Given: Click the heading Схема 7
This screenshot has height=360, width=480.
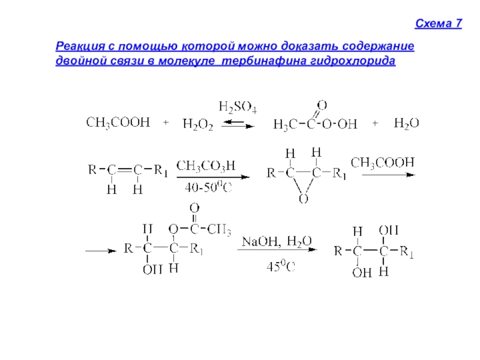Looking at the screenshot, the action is pos(439,24).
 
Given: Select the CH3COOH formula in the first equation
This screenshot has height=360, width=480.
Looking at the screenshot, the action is pos(118,122).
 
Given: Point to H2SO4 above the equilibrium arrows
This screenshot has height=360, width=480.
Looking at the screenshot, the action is pos(238,108).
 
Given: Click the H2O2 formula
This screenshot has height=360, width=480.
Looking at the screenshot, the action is pos(198,124).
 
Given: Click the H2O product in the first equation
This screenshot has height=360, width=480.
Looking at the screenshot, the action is pos(406,123).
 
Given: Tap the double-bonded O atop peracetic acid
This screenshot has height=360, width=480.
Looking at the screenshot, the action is pos(322,105).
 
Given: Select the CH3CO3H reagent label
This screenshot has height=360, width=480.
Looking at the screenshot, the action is pos(205,165).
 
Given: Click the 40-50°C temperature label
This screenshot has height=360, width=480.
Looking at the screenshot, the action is pos(208,187).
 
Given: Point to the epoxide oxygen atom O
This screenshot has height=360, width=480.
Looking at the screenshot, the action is pos(304,197).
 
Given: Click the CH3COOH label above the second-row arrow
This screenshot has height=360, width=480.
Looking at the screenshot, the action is pos(382,162).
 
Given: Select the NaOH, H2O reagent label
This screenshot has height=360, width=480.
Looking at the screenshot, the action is pos(277,241).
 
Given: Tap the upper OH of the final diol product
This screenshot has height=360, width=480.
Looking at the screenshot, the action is pos(389,230).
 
